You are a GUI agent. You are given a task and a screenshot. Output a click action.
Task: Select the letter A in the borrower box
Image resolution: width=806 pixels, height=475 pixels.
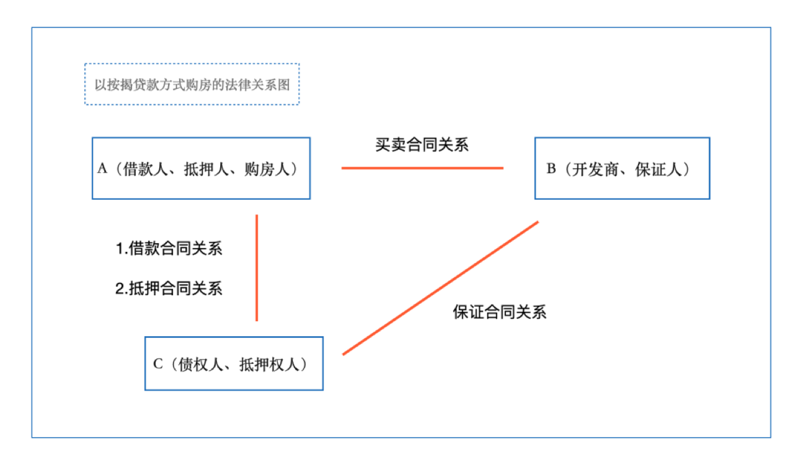[x=102, y=169]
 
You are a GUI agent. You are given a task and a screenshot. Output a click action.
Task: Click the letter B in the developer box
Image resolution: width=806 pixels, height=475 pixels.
[x=551, y=169]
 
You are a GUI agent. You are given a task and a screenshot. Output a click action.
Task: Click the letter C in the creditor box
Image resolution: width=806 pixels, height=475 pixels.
[x=158, y=364]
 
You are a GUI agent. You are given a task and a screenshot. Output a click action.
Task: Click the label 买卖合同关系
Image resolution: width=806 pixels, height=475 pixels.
[x=422, y=144]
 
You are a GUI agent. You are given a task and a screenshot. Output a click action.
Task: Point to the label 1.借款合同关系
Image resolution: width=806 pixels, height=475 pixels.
[x=169, y=248]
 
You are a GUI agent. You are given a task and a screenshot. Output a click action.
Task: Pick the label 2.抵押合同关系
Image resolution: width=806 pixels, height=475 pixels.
[x=169, y=288]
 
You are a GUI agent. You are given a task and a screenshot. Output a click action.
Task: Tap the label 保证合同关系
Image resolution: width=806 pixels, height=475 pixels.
[x=500, y=312]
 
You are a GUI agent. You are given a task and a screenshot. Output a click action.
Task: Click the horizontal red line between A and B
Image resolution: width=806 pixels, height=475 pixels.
[x=422, y=168]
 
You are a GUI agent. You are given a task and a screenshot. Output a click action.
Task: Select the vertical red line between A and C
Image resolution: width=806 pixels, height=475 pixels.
[x=257, y=268]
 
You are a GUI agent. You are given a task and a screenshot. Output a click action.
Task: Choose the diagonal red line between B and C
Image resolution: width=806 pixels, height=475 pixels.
[x=440, y=288]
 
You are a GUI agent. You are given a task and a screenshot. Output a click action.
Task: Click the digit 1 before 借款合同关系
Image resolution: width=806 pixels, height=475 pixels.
[x=120, y=249]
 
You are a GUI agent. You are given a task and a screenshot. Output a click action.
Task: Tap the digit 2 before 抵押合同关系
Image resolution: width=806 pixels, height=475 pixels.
[x=120, y=288]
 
